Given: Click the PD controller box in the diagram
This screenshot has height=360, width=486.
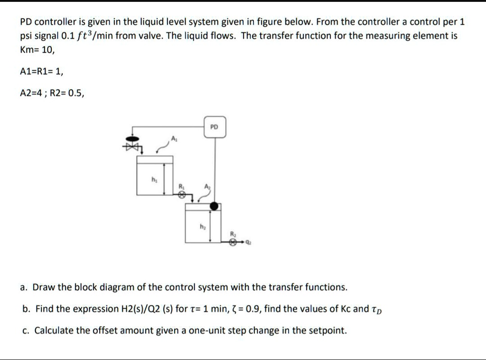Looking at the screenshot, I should point(215,127).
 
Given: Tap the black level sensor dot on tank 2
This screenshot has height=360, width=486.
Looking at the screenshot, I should point(215,206).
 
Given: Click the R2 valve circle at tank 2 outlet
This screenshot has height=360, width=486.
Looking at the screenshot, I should point(233,242).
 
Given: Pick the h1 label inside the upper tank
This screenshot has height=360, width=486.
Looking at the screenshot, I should point(153,179).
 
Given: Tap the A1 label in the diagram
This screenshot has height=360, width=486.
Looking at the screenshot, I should point(174,138).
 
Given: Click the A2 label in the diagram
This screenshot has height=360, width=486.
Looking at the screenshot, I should point(206,187).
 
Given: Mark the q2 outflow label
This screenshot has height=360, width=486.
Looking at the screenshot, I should point(249,242).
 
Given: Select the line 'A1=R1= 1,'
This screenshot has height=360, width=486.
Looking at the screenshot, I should point(41,71).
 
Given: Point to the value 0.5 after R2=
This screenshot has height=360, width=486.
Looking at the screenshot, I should point(75,94).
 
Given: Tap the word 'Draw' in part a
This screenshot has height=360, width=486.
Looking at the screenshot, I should point(45,287).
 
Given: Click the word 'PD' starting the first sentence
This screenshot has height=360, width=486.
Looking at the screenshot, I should point(26,22).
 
